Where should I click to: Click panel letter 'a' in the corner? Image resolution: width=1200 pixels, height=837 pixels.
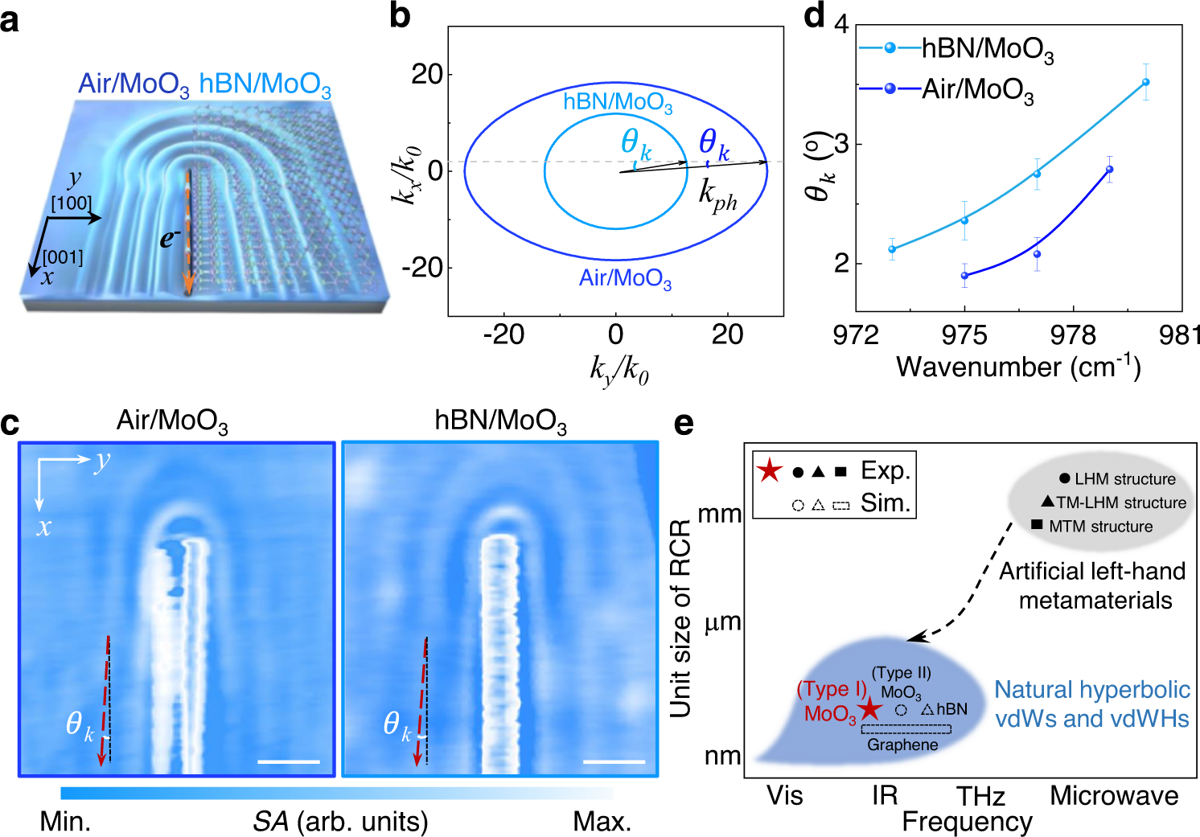coord(10,20)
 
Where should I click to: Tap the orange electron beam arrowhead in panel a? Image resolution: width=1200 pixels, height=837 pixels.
coord(188,285)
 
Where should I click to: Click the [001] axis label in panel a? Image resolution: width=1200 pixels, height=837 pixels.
coord(62,257)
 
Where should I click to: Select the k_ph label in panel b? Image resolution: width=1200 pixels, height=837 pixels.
coord(717,195)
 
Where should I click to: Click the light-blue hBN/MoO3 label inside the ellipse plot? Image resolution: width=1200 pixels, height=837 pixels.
coord(617,102)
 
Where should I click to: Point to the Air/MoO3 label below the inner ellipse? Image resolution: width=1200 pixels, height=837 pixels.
coord(625,278)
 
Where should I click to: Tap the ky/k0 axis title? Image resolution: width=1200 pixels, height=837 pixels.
coord(618,370)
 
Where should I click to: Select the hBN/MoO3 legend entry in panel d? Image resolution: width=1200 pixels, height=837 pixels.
coord(957,49)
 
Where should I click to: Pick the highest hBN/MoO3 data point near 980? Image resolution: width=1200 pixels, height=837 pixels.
coord(1145,82)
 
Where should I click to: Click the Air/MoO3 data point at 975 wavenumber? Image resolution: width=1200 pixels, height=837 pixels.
coord(964,276)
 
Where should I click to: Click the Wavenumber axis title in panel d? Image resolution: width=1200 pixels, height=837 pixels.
coord(1018,367)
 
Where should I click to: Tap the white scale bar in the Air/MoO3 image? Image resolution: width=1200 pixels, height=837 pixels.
coord(289,761)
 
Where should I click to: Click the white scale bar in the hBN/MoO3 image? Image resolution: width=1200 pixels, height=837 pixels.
coord(614,761)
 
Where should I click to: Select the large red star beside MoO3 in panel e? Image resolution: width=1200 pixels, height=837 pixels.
coord(869,709)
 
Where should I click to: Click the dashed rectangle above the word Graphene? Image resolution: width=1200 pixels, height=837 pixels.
coord(906,729)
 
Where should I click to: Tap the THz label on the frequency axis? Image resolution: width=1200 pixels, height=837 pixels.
coord(980,796)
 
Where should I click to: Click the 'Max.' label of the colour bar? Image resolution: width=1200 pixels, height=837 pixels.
coord(602,822)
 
